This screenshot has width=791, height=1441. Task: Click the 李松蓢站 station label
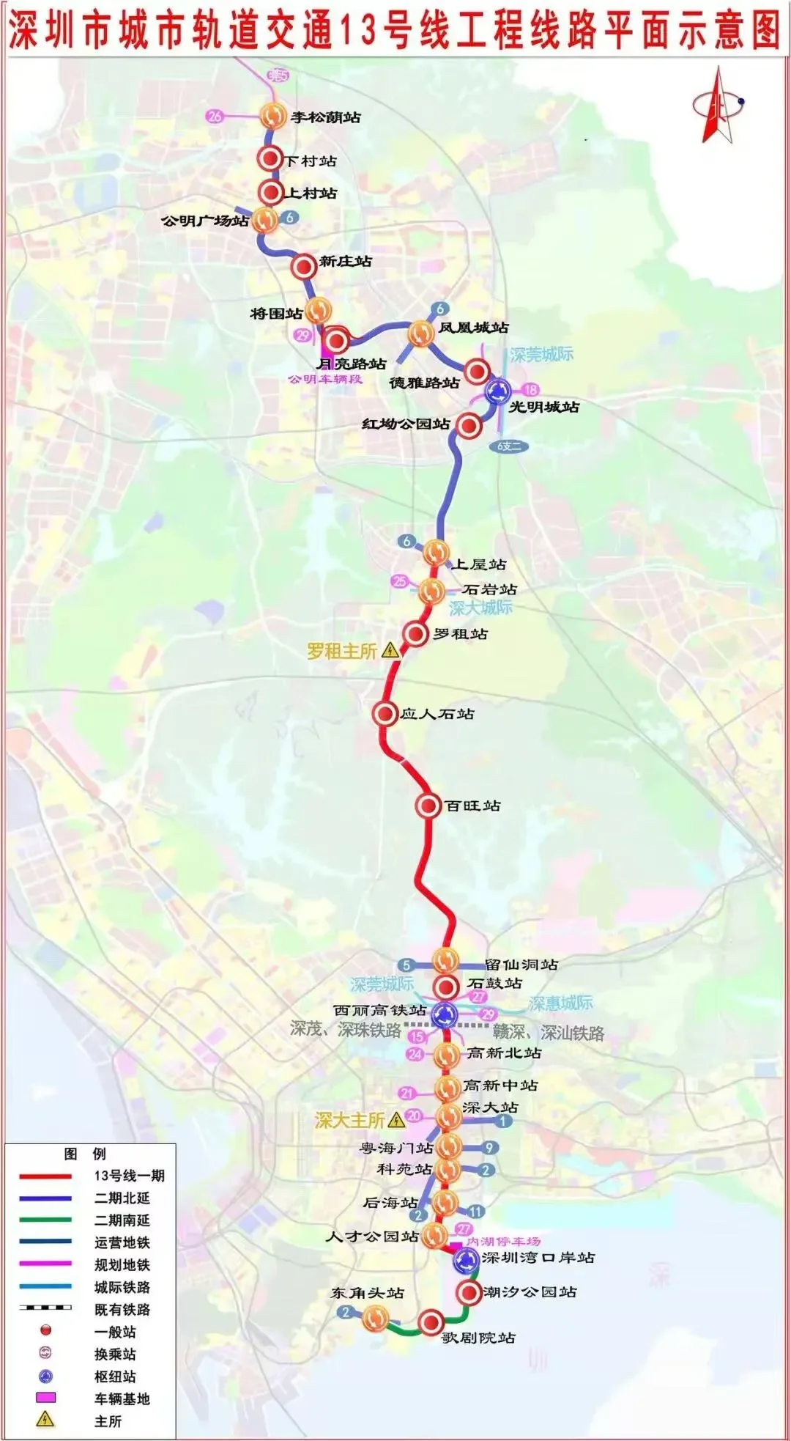(325, 117)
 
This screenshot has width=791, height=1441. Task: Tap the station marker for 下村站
(270, 159)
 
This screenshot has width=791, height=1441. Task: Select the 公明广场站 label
(204, 221)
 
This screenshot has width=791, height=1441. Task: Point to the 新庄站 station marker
(303, 268)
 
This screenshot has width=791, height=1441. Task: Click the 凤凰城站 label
(473, 328)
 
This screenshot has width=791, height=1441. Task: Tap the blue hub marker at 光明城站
(498, 391)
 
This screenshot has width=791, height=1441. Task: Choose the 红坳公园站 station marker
(469, 425)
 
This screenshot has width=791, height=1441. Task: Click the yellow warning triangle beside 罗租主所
(390, 650)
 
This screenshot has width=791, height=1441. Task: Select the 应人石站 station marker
(385, 713)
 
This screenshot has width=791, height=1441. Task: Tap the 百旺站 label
(472, 806)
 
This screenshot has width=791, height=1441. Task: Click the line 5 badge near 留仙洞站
(406, 965)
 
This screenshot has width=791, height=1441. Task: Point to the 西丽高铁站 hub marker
(445, 1015)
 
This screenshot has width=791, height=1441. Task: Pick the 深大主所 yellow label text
(349, 1120)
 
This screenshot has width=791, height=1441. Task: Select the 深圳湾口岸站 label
(538, 1258)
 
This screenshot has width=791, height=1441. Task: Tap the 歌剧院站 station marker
(431, 1322)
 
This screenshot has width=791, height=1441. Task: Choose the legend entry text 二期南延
(122, 1220)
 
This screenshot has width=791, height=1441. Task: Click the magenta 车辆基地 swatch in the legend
(45, 1398)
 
